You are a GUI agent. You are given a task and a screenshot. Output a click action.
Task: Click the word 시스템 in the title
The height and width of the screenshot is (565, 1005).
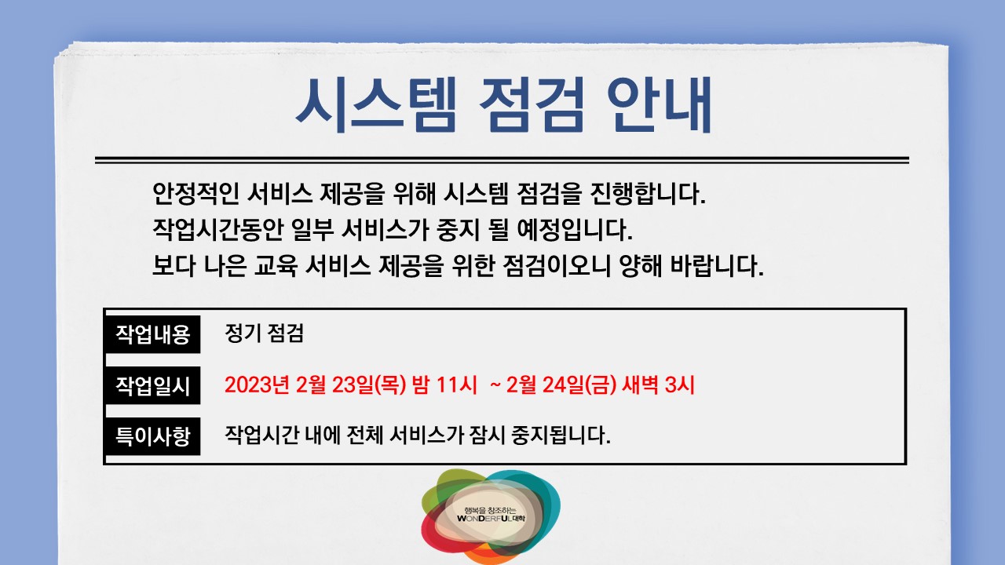tap(375, 105)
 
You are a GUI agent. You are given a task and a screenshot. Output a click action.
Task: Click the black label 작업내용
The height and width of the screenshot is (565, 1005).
tap(153, 335)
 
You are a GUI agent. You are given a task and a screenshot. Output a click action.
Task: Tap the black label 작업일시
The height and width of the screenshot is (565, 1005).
tap(153, 385)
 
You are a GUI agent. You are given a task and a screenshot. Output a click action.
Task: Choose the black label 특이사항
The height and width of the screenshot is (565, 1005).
tap(153, 436)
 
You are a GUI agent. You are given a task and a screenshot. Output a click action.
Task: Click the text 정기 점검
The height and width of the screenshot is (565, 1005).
tap(264, 334)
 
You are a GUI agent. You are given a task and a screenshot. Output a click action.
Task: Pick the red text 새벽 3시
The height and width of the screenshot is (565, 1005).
tap(658, 385)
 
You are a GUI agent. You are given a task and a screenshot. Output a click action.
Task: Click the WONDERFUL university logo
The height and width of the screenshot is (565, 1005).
tap(492, 516)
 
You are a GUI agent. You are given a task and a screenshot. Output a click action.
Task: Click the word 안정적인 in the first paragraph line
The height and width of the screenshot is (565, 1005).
tap(195, 192)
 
